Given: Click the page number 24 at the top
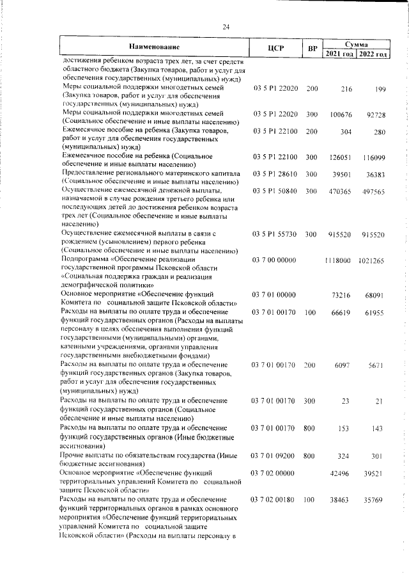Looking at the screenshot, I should [x=226, y=27].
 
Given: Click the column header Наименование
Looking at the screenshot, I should [x=154, y=47].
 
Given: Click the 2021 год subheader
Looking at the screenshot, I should [x=339, y=53].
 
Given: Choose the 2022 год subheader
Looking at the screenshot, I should [x=373, y=53].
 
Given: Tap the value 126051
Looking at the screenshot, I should [x=342, y=156].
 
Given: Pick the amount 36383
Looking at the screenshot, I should [x=374, y=173].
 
